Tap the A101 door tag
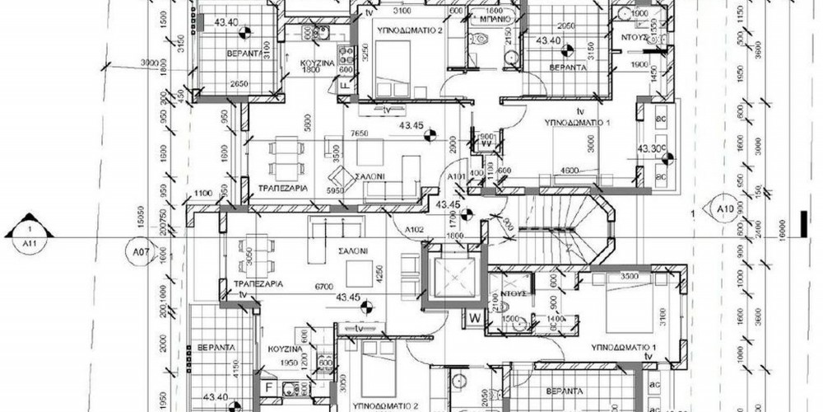coord(457,178)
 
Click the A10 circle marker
coord(724,208)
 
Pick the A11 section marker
coord(29,236)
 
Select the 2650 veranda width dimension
coord(216,84)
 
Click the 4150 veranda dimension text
coord(235,363)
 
